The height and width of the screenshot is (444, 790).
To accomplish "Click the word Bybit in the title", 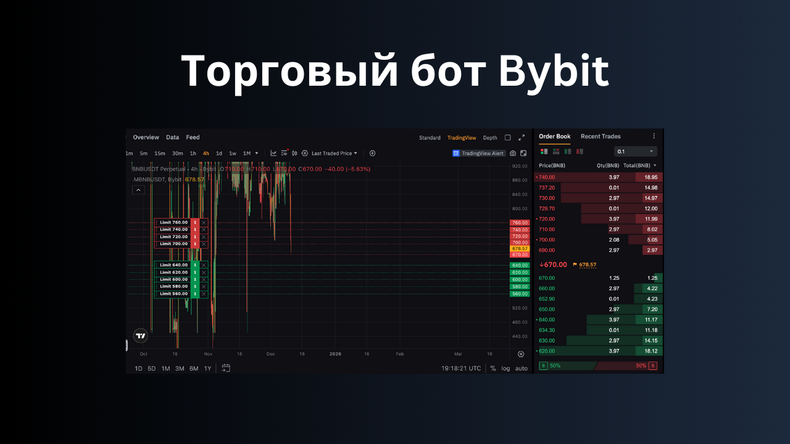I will (554, 72).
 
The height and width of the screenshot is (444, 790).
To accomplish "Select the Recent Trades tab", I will (601, 136).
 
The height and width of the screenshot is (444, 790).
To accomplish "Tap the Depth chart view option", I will (490, 138).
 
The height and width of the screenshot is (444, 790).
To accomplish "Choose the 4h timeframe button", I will (206, 154).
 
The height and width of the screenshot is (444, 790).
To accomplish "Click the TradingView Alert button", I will (479, 154).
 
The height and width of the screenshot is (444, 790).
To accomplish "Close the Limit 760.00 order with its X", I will (204, 223).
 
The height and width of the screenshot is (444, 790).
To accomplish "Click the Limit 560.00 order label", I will (173, 294).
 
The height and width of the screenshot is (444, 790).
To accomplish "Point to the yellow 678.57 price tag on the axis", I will (520, 249).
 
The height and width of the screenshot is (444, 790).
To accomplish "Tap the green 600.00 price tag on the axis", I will (520, 279).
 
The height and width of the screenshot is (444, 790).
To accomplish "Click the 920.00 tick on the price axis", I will (520, 166).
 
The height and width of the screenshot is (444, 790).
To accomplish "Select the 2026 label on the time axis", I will (335, 354).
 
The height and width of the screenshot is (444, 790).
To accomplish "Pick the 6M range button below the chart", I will (194, 368).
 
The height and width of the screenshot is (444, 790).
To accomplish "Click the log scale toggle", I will (505, 368).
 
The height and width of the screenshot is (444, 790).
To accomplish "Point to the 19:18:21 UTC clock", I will (461, 368).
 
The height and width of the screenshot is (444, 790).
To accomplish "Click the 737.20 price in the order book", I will (547, 187).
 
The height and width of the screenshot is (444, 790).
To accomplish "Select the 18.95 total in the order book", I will (651, 177).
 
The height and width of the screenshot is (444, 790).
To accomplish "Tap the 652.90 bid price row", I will (547, 298).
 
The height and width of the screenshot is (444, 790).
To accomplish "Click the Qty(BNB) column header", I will (608, 165).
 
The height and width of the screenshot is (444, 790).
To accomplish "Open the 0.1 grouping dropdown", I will (636, 152).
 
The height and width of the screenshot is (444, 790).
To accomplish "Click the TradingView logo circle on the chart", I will (141, 336).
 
